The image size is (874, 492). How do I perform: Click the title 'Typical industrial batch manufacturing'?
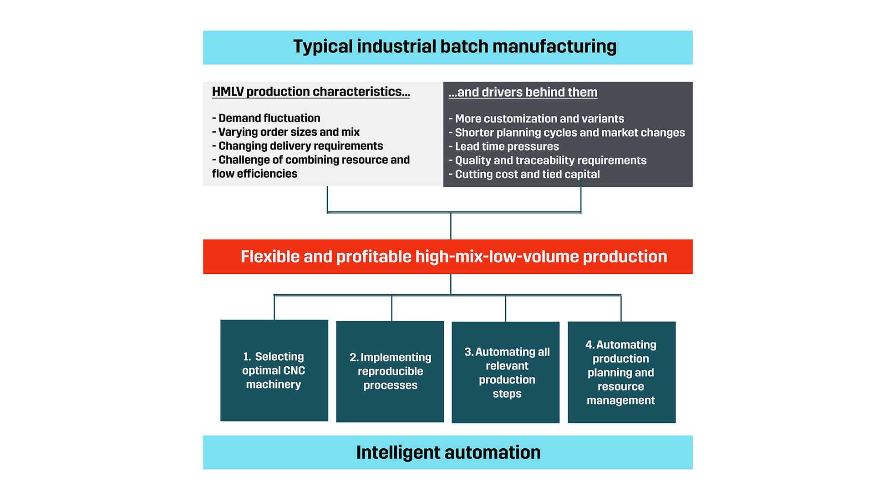click(x=455, y=46)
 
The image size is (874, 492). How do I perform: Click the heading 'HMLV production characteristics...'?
click(x=311, y=92)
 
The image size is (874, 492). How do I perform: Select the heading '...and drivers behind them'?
click(x=523, y=92)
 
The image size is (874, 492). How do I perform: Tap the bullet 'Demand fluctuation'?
click(x=266, y=118)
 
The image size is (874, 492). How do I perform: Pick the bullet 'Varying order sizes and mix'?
click(x=286, y=132)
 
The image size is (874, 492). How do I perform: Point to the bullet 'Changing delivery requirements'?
click(x=298, y=146)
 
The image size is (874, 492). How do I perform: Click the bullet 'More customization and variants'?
click(x=536, y=118)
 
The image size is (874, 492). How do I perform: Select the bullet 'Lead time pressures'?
click(x=504, y=146)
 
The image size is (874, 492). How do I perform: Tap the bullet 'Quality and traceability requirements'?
click(x=548, y=160)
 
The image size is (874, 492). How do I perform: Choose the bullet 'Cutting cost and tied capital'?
click(x=524, y=174)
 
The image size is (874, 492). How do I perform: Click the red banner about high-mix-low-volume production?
click(x=448, y=256)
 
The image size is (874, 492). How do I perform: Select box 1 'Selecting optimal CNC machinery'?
click(x=274, y=370)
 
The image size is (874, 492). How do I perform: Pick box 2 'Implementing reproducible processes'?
click(x=390, y=371)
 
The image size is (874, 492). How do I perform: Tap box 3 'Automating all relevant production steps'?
click(x=506, y=372)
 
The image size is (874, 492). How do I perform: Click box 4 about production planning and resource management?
click(x=622, y=372)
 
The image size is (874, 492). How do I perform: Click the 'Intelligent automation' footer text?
click(x=448, y=452)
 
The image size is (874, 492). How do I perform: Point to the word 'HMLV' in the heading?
click(x=228, y=92)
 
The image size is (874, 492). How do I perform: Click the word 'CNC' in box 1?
click(x=294, y=370)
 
